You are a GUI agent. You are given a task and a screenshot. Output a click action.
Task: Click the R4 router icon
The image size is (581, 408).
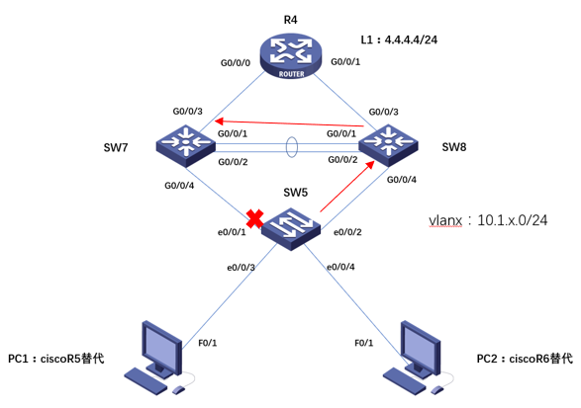(x=290, y=56)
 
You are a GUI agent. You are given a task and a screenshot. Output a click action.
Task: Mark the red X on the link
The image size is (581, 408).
(x=253, y=219)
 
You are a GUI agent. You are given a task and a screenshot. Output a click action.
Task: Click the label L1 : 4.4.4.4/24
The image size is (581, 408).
(x=401, y=40)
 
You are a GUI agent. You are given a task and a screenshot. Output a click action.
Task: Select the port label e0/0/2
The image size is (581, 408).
(x=344, y=234)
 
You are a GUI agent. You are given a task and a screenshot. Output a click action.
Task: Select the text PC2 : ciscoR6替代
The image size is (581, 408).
(x=525, y=358)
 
